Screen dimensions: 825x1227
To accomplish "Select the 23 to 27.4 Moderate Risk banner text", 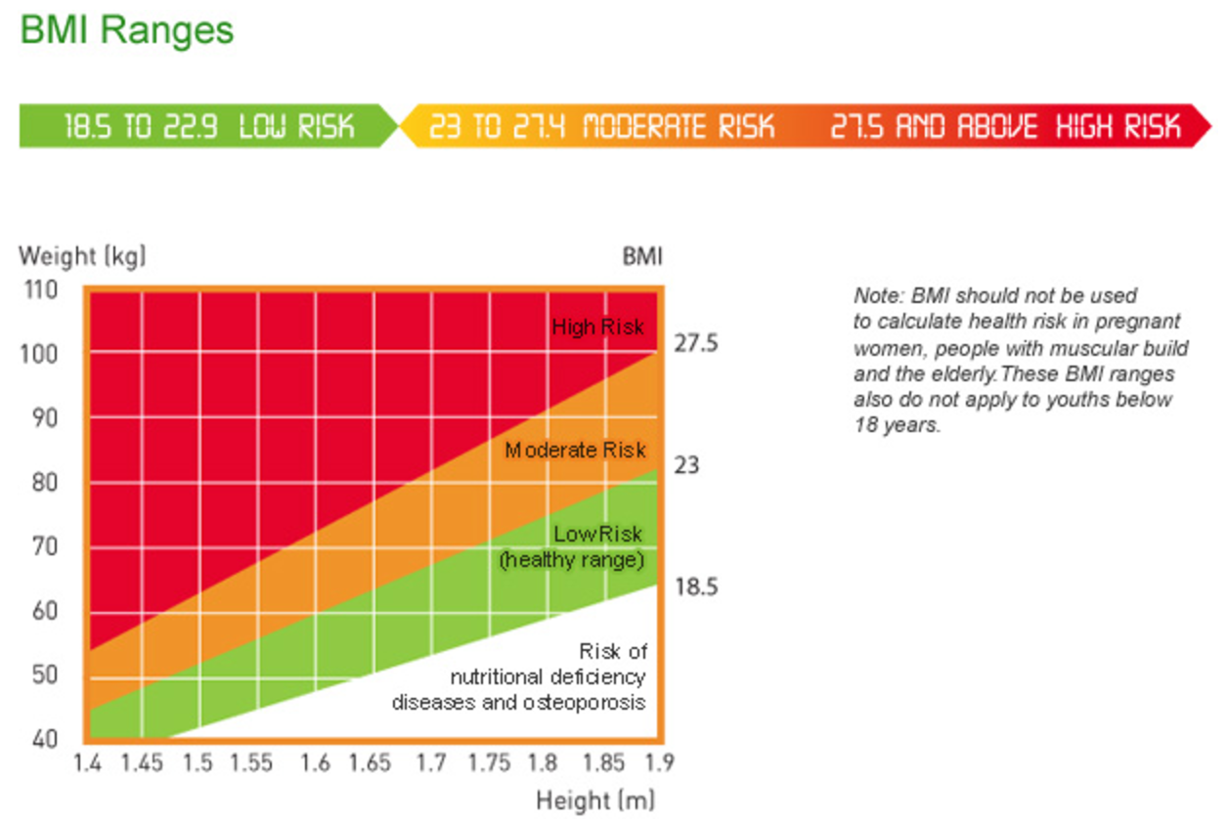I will pyautogui.click(x=601, y=126).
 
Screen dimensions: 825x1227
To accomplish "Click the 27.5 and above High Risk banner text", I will pyautogui.click(x=1006, y=126).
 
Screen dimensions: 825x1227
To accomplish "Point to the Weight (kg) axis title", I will pyautogui.click(x=82, y=257).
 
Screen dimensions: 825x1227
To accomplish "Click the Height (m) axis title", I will pyautogui.click(x=594, y=802).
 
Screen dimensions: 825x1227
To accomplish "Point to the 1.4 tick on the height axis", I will pyautogui.click(x=87, y=763).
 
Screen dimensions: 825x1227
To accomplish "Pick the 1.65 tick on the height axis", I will pyautogui.click(x=370, y=763).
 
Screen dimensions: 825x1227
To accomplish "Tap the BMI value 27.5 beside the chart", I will pyautogui.click(x=695, y=345).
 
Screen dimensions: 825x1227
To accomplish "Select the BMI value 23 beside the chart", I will pyautogui.click(x=686, y=465).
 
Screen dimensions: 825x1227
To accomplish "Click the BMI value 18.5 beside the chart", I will pyautogui.click(x=695, y=587).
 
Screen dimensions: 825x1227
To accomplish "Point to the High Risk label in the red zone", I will pyautogui.click(x=597, y=326).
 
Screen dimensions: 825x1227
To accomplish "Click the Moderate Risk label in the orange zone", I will pyautogui.click(x=575, y=451).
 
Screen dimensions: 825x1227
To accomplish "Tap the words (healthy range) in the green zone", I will pyautogui.click(x=573, y=561).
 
